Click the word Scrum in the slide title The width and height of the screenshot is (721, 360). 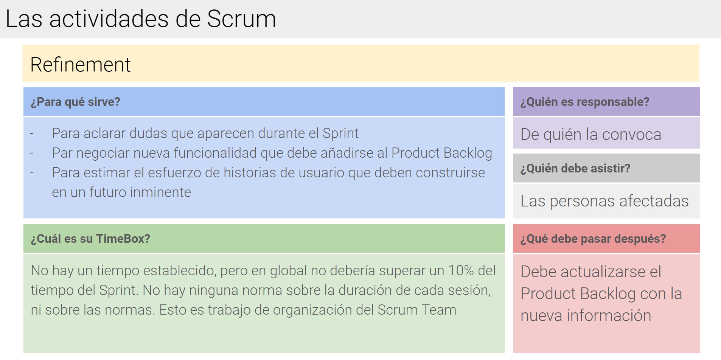241,19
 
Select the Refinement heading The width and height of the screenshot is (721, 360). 80,64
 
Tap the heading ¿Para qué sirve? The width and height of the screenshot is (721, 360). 75,102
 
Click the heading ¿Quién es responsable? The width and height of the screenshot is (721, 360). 584,102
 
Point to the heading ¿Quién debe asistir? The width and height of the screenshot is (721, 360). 575,168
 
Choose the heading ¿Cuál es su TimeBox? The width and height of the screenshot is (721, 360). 90,239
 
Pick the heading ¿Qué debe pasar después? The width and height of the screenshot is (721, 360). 593,239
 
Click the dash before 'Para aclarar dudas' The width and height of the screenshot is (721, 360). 32,133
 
